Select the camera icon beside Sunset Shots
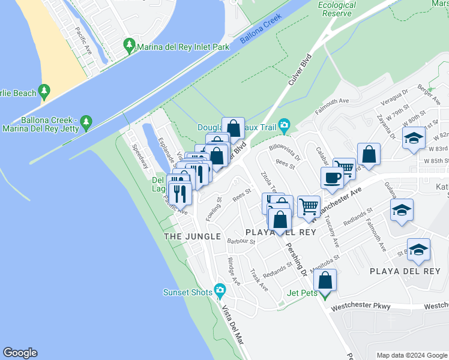220,292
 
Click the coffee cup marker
332,178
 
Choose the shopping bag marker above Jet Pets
325,280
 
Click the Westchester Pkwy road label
361,307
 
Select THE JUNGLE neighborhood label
192,237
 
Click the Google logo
20,353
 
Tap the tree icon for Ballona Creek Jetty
86,122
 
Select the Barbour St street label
241,242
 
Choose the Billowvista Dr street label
285,151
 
